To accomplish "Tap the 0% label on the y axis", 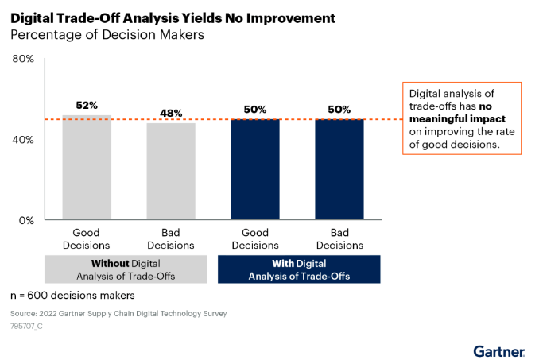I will click(x=26, y=220).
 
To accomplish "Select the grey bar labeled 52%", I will click(x=86, y=168).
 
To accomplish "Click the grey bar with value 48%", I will click(x=170, y=172).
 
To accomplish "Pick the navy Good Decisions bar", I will click(x=255, y=169).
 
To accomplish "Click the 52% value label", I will click(x=86, y=105).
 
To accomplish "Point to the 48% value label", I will click(x=170, y=113).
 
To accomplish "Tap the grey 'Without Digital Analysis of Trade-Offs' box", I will click(x=126, y=269).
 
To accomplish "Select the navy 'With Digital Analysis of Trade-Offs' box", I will click(x=297, y=269).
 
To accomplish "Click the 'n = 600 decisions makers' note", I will click(x=73, y=296).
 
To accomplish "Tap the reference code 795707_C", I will click(x=28, y=326).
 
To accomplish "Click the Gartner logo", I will click(x=498, y=350).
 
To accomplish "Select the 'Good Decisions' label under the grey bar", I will click(x=86, y=239).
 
